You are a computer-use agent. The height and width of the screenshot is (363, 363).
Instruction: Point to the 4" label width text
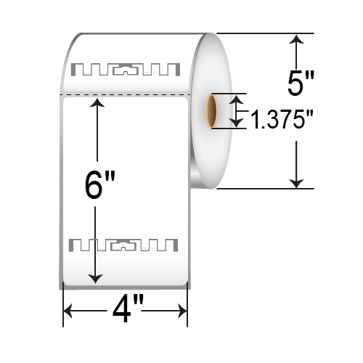click(x=125, y=313)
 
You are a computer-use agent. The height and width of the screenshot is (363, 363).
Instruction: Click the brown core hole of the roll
click(x=211, y=110)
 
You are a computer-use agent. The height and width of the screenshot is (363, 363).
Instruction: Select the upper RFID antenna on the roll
click(x=128, y=70)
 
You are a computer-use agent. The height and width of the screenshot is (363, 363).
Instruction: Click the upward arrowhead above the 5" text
click(x=295, y=41)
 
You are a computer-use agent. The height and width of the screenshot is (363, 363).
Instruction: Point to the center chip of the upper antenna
click(x=128, y=71)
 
